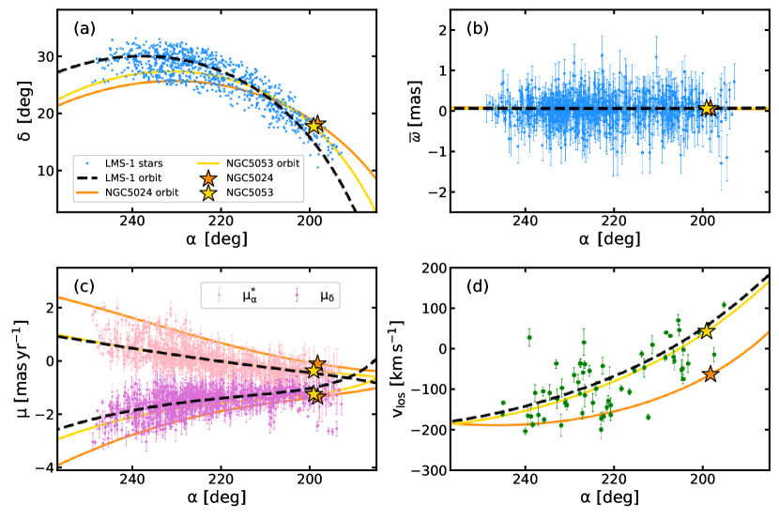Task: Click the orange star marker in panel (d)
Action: (x=710, y=375)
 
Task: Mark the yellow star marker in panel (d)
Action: (x=707, y=331)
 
